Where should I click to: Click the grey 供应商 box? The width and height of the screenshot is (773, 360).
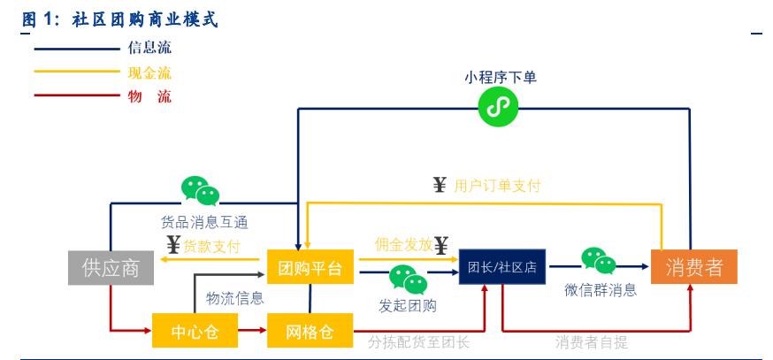click(x=111, y=269)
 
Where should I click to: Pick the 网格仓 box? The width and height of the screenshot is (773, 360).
click(x=310, y=332)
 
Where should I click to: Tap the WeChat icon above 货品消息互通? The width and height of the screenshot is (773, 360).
click(x=200, y=191)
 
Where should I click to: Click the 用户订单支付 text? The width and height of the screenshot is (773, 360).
click(x=496, y=186)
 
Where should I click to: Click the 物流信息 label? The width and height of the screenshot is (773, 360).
click(x=234, y=298)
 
